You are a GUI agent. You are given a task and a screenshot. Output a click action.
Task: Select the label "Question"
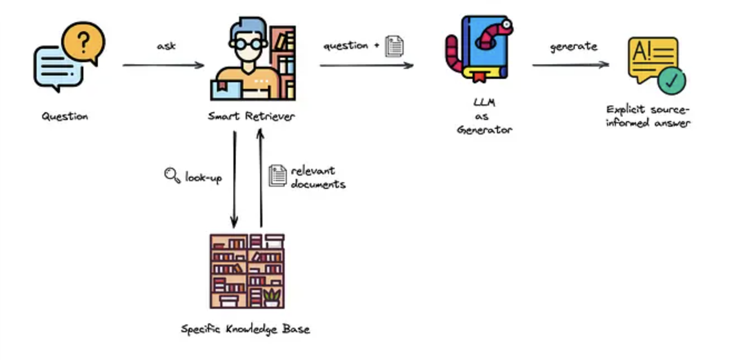click(x=65, y=117)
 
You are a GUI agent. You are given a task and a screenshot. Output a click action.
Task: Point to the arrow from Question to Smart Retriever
click(x=163, y=66)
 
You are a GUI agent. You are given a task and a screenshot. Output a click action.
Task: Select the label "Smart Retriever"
click(x=251, y=117)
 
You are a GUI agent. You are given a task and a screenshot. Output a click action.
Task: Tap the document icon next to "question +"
click(x=394, y=46)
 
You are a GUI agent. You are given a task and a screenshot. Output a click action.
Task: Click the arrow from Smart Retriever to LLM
click(x=366, y=66)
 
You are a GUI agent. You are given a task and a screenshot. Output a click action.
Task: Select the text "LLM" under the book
click(x=484, y=103)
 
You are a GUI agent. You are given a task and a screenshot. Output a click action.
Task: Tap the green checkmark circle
click(x=672, y=81)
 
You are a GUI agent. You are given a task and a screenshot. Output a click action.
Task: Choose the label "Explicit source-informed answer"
click(x=648, y=116)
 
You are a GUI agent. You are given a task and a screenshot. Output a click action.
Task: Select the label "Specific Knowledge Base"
click(x=246, y=329)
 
